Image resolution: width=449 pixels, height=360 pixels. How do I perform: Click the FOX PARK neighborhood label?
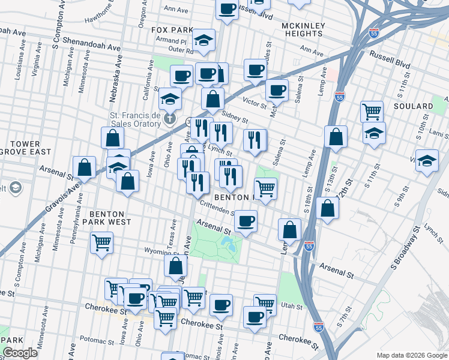pyautogui.click(x=172, y=29)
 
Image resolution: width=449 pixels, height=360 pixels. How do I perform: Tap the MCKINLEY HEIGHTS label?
pyautogui.click(x=303, y=29)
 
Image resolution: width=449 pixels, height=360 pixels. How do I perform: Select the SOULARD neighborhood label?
pyautogui.click(x=415, y=106)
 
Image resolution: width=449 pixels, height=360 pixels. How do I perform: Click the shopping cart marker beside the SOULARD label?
pyautogui.click(x=372, y=111)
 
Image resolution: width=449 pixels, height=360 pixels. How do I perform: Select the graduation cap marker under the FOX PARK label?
pyautogui.click(x=204, y=40)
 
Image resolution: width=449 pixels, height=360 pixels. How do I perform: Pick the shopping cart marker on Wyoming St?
pyautogui.click(x=101, y=243)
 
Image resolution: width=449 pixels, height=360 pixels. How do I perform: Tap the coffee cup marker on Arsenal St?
pyautogui.click(x=246, y=221)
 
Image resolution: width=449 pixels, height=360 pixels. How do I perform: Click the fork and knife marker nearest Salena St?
pyautogui.click(x=255, y=140)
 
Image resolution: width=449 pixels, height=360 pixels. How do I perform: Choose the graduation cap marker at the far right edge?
pyautogui.click(x=427, y=161)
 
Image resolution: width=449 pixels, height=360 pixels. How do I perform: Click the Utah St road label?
pyautogui.click(x=292, y=306)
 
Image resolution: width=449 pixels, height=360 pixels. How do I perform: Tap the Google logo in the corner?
pyautogui.click(x=20, y=353)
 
